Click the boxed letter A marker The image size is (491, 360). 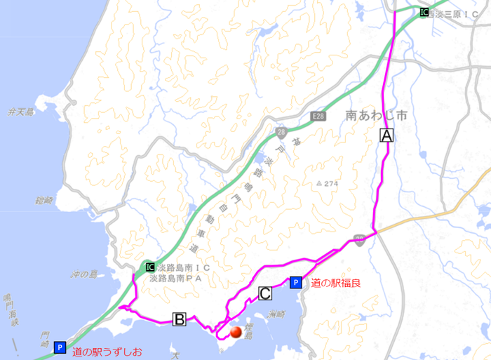pos(387,136)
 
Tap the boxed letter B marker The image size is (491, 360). pos(180,320)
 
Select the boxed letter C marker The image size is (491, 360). pos(266,293)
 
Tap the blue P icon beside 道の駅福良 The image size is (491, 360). pos(296,283)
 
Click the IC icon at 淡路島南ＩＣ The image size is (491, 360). pos(150,267)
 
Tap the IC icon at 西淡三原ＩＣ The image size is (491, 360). pos(424,12)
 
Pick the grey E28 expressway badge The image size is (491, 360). pos(319,116)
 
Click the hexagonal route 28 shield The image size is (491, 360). pos(281,132)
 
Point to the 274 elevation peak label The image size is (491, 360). pos(328,183)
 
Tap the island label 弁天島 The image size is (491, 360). pos(21,112)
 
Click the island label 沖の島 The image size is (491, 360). pos(91,268)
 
